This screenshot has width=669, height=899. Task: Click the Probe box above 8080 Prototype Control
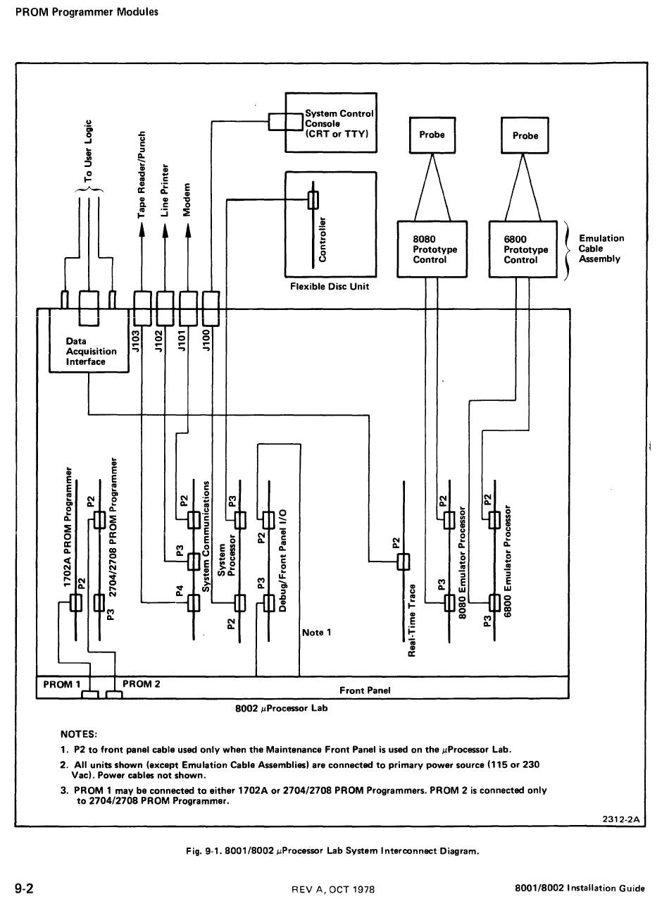(432, 135)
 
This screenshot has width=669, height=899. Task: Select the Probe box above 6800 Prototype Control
(525, 135)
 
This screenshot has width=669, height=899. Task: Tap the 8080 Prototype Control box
(432, 249)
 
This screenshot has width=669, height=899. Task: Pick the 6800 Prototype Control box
(523, 249)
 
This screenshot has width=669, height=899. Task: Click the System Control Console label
(339, 123)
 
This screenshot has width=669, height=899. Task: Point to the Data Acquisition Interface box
(89, 340)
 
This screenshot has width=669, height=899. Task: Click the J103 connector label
(136, 340)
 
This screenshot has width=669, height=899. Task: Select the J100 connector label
(206, 340)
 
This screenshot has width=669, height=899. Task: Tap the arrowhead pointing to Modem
(187, 230)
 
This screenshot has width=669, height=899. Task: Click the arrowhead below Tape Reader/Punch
(142, 230)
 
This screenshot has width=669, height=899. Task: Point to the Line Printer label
(165, 190)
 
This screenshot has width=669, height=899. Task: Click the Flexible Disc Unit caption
(330, 287)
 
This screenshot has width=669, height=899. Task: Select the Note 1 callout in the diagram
(316, 632)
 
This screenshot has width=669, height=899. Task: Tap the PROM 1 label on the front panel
(61, 685)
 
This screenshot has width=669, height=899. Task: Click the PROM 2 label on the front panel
(141, 684)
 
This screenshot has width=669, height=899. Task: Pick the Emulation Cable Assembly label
(601, 249)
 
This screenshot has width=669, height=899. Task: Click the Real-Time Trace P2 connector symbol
(404, 562)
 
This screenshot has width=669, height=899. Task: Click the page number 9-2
(25, 889)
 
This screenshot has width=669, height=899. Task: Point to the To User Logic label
(88, 151)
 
